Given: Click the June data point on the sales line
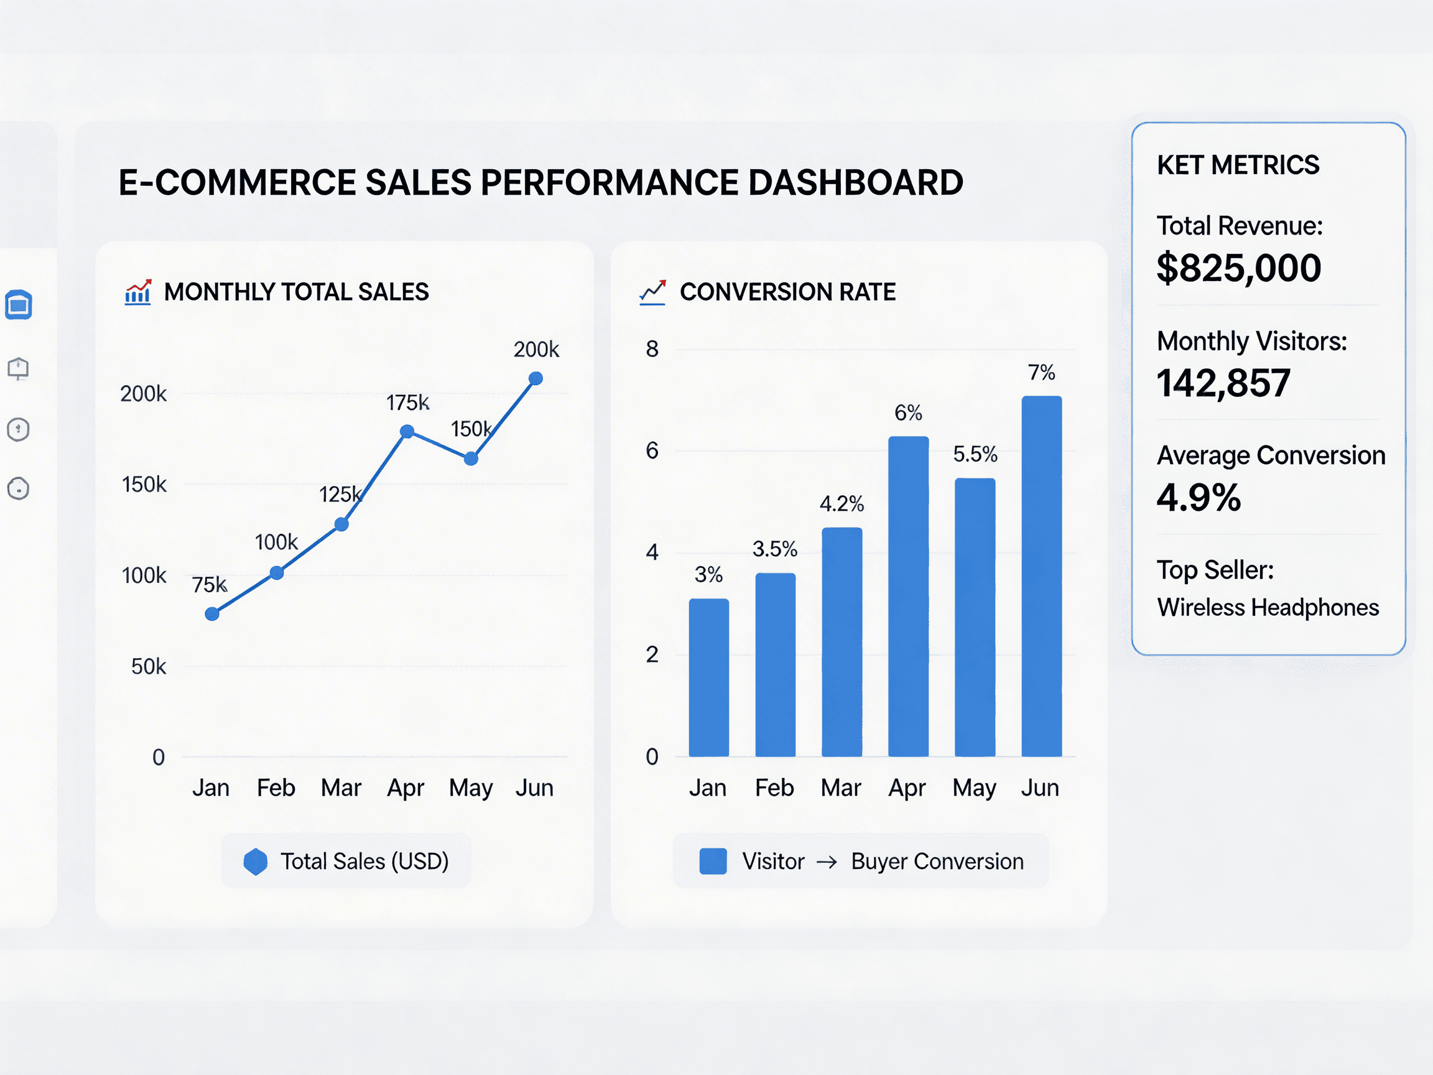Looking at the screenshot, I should [536, 378].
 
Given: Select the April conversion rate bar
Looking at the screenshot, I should [908, 596].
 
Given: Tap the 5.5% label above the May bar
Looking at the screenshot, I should [975, 454].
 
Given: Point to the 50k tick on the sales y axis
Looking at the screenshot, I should [149, 666].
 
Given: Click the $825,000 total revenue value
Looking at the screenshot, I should [1239, 268].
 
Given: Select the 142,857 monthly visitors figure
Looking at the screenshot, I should [1224, 383].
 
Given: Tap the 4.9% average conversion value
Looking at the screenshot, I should [1199, 498].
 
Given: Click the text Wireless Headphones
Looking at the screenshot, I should [1268, 608].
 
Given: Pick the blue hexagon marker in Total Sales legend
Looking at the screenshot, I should [255, 862].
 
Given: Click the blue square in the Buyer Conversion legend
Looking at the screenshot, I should [713, 862].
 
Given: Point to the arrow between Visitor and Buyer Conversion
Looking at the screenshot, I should [827, 862].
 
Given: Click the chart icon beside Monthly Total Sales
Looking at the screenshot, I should [138, 292].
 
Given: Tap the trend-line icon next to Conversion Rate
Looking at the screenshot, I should [652, 292].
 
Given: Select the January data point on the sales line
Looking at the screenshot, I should [212, 613].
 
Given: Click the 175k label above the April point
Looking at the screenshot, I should [407, 403].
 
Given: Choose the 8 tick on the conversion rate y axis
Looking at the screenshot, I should [652, 349].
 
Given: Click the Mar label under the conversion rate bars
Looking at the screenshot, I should [840, 788].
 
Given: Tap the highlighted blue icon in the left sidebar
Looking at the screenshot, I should [19, 305].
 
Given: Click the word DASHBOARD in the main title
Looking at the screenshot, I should [855, 183].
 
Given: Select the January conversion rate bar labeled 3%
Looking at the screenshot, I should [709, 677].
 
